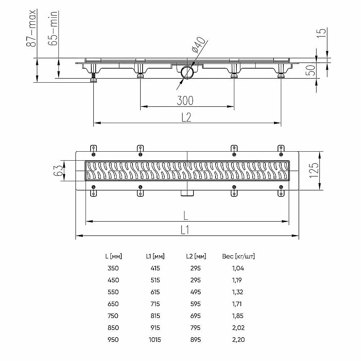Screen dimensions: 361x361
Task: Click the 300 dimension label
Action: point(185,101)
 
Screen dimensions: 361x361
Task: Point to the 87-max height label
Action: point(31,28)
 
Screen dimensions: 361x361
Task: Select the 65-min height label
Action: point(53,28)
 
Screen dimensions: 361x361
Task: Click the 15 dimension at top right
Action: point(322,33)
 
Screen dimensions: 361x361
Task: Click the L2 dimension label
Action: point(186,117)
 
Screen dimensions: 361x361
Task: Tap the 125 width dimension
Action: point(314,170)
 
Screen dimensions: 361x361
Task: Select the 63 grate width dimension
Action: point(58,171)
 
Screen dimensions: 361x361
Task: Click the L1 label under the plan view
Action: point(185,230)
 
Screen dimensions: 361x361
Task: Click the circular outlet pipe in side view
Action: point(187,72)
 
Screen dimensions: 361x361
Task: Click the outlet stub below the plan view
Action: point(187,193)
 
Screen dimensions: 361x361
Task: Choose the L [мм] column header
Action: point(113,256)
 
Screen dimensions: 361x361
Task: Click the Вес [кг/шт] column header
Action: point(239,256)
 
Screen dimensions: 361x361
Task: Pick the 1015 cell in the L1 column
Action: point(155,340)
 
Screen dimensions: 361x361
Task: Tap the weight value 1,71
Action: point(237,304)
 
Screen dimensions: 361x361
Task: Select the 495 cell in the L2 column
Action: point(195,292)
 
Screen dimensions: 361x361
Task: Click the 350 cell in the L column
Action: point(113,268)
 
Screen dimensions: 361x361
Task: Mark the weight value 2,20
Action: point(239,340)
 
